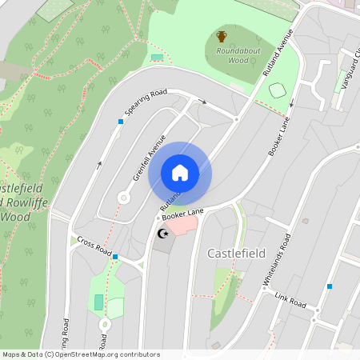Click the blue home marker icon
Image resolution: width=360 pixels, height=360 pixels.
180,173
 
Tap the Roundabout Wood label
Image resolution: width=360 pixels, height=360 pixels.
226,54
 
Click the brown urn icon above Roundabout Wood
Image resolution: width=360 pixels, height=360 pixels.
222,36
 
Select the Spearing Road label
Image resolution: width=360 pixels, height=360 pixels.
145,102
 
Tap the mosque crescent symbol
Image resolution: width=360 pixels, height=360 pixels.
163,234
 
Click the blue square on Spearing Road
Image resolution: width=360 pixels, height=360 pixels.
121,122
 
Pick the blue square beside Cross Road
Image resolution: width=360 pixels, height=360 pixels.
116,257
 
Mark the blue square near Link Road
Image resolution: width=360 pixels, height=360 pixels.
329,286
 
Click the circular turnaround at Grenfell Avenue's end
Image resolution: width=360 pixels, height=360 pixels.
124,197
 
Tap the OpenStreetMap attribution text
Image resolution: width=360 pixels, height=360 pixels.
81,354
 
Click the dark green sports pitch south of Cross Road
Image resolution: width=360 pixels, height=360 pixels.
98,302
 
